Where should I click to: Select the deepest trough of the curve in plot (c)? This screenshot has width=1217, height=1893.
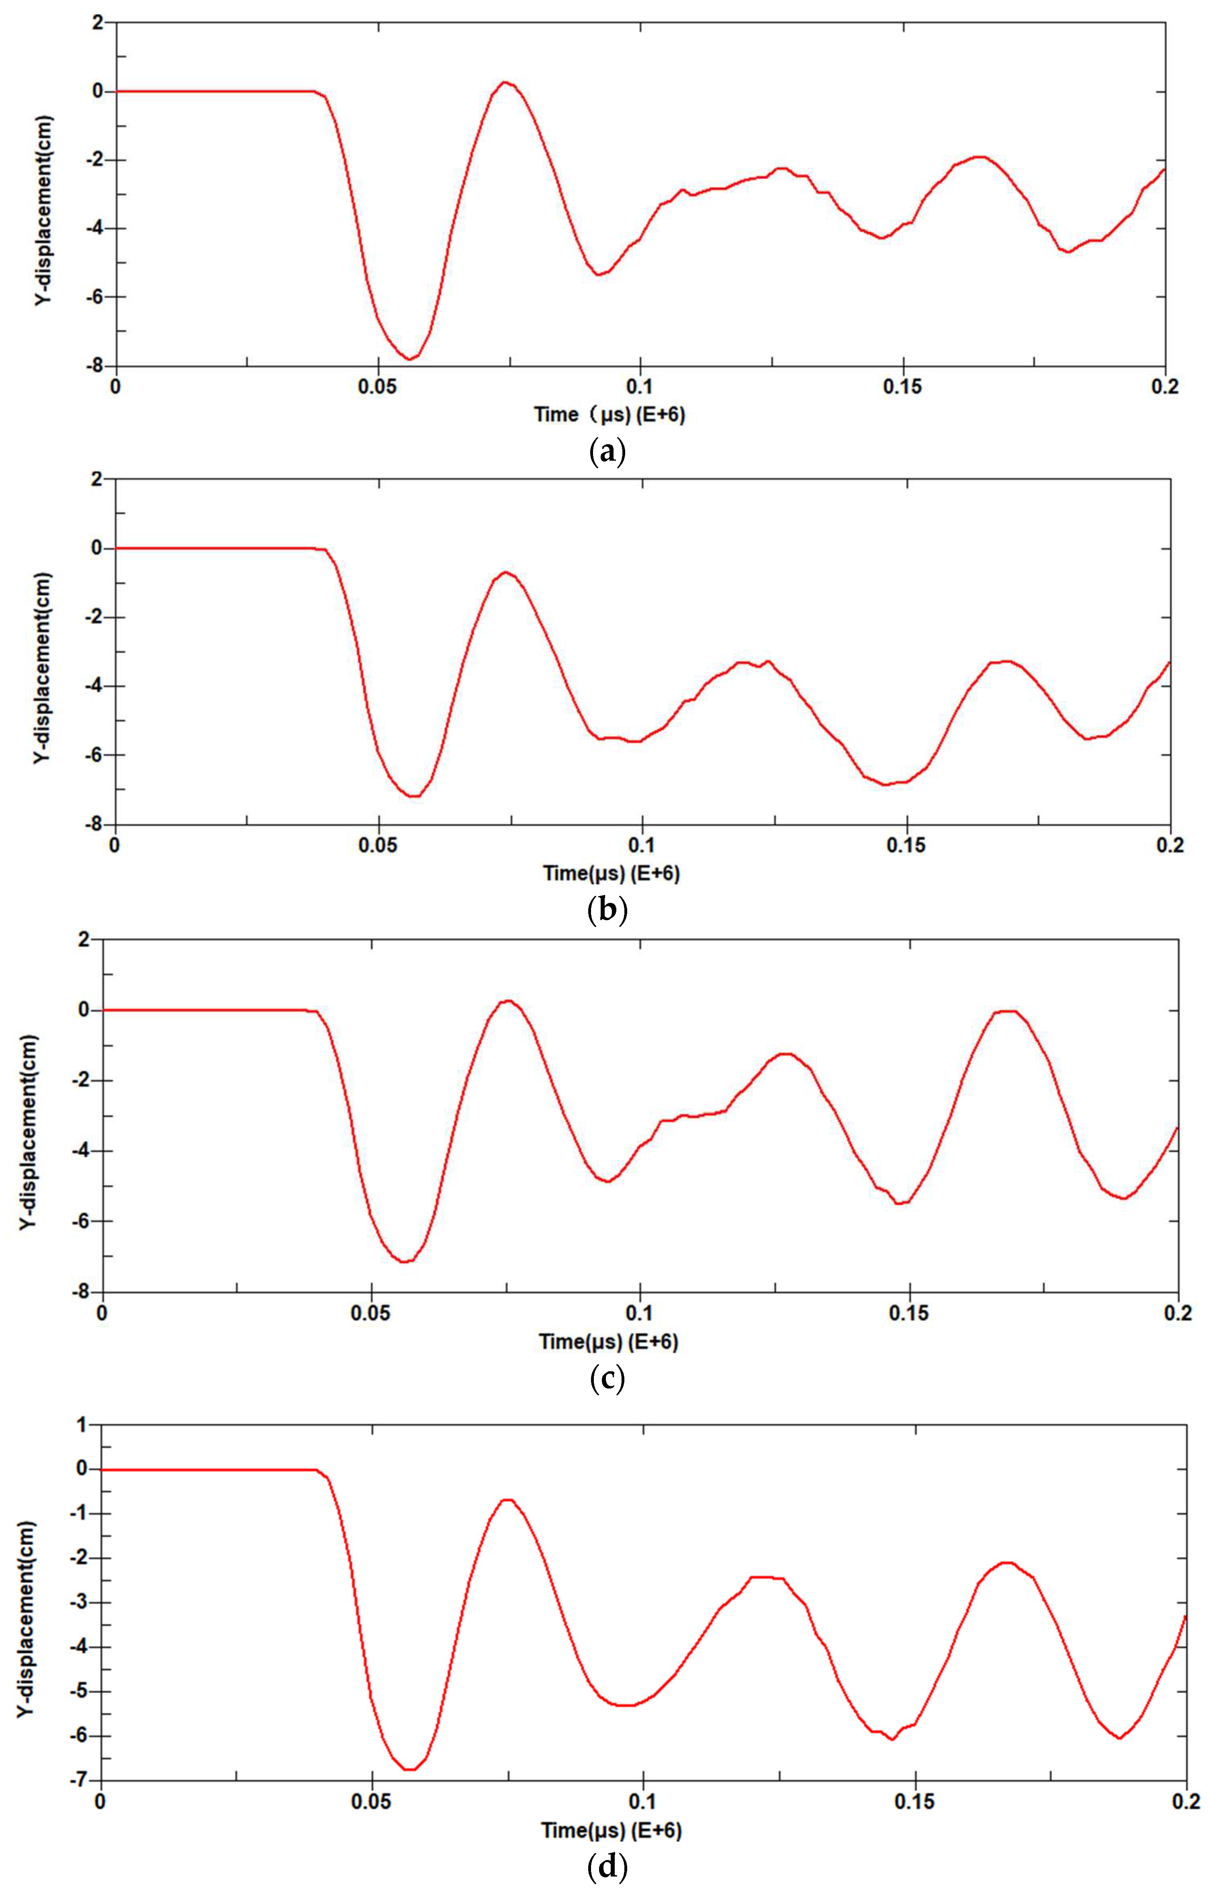pyautogui.click(x=405, y=1262)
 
